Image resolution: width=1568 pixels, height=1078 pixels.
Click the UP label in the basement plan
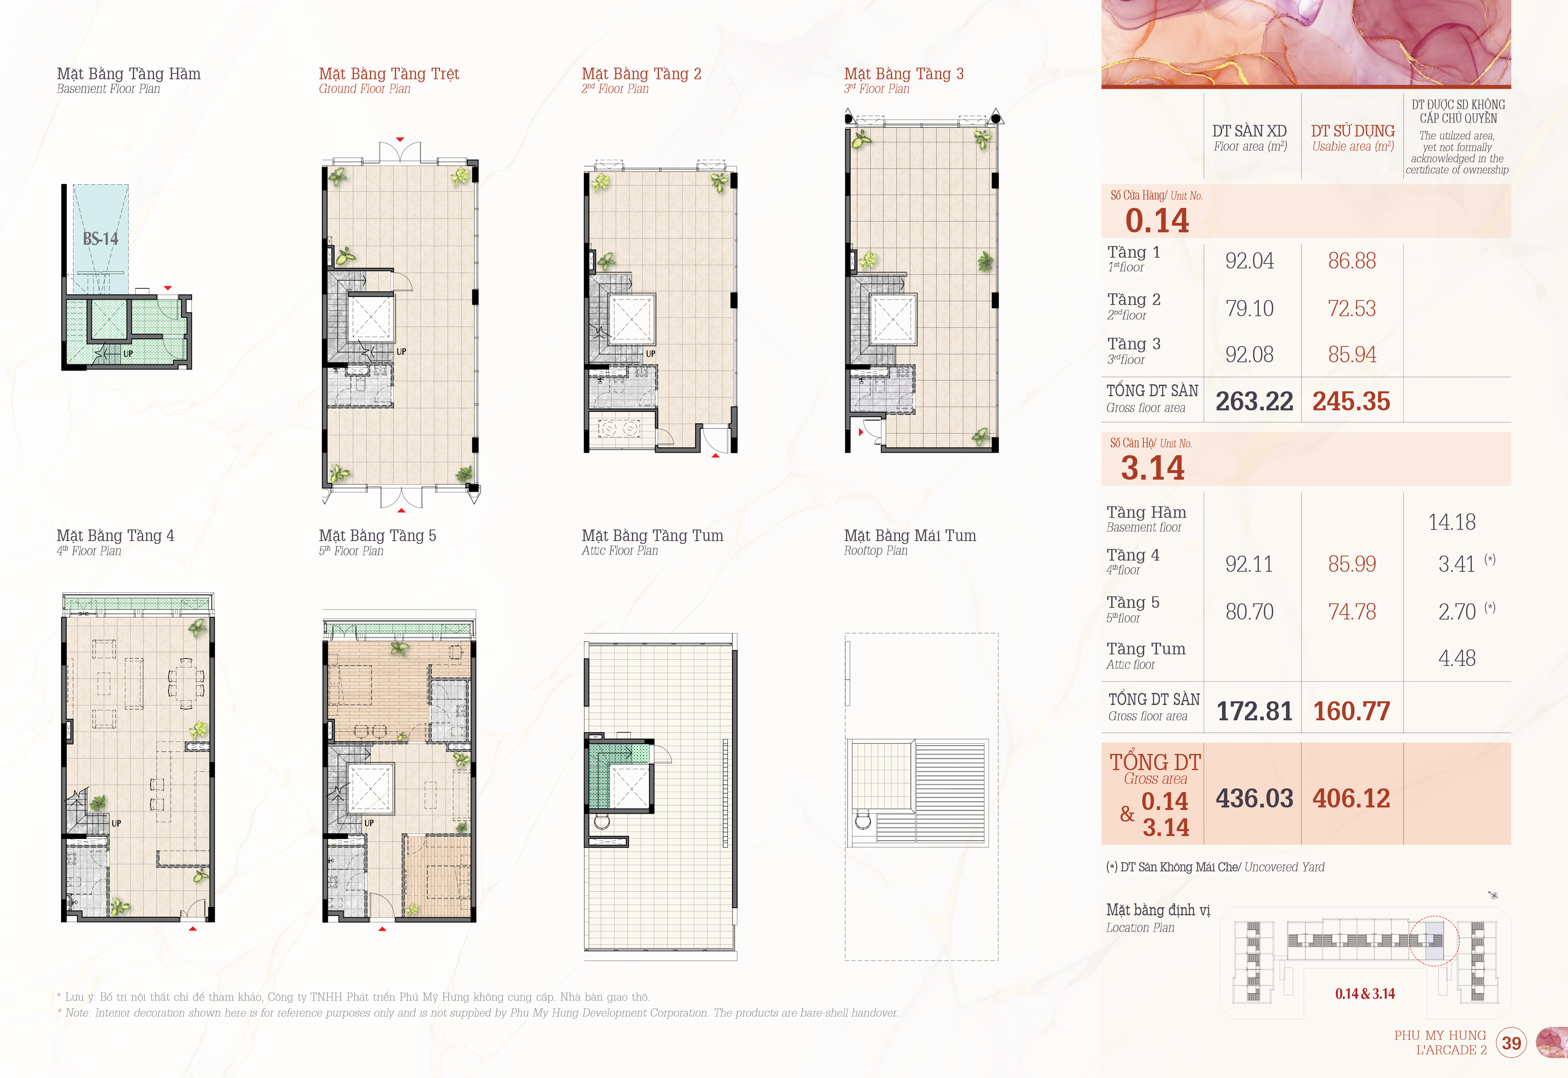tap(128, 353)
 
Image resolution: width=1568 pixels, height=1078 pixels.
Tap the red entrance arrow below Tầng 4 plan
tap(193, 929)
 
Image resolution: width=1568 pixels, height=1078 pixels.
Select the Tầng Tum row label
tap(1146, 649)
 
